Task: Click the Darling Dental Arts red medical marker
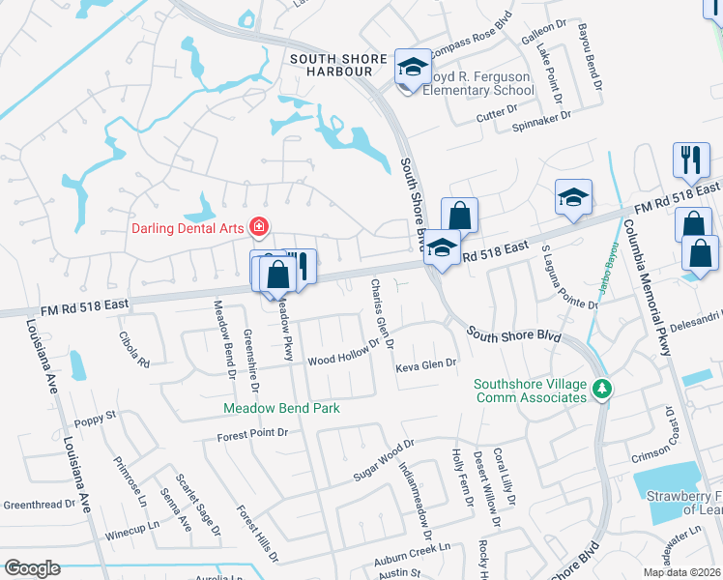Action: coord(259,228)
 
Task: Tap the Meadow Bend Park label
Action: coord(282,408)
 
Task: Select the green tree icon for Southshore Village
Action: coord(602,389)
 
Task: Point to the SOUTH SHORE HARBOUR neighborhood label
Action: coord(339,60)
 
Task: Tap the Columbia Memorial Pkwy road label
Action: coord(647,289)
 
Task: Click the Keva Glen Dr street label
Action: coord(425,366)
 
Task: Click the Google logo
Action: coord(32,568)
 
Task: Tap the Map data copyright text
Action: coord(681,572)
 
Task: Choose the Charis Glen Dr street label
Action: coord(381,314)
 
